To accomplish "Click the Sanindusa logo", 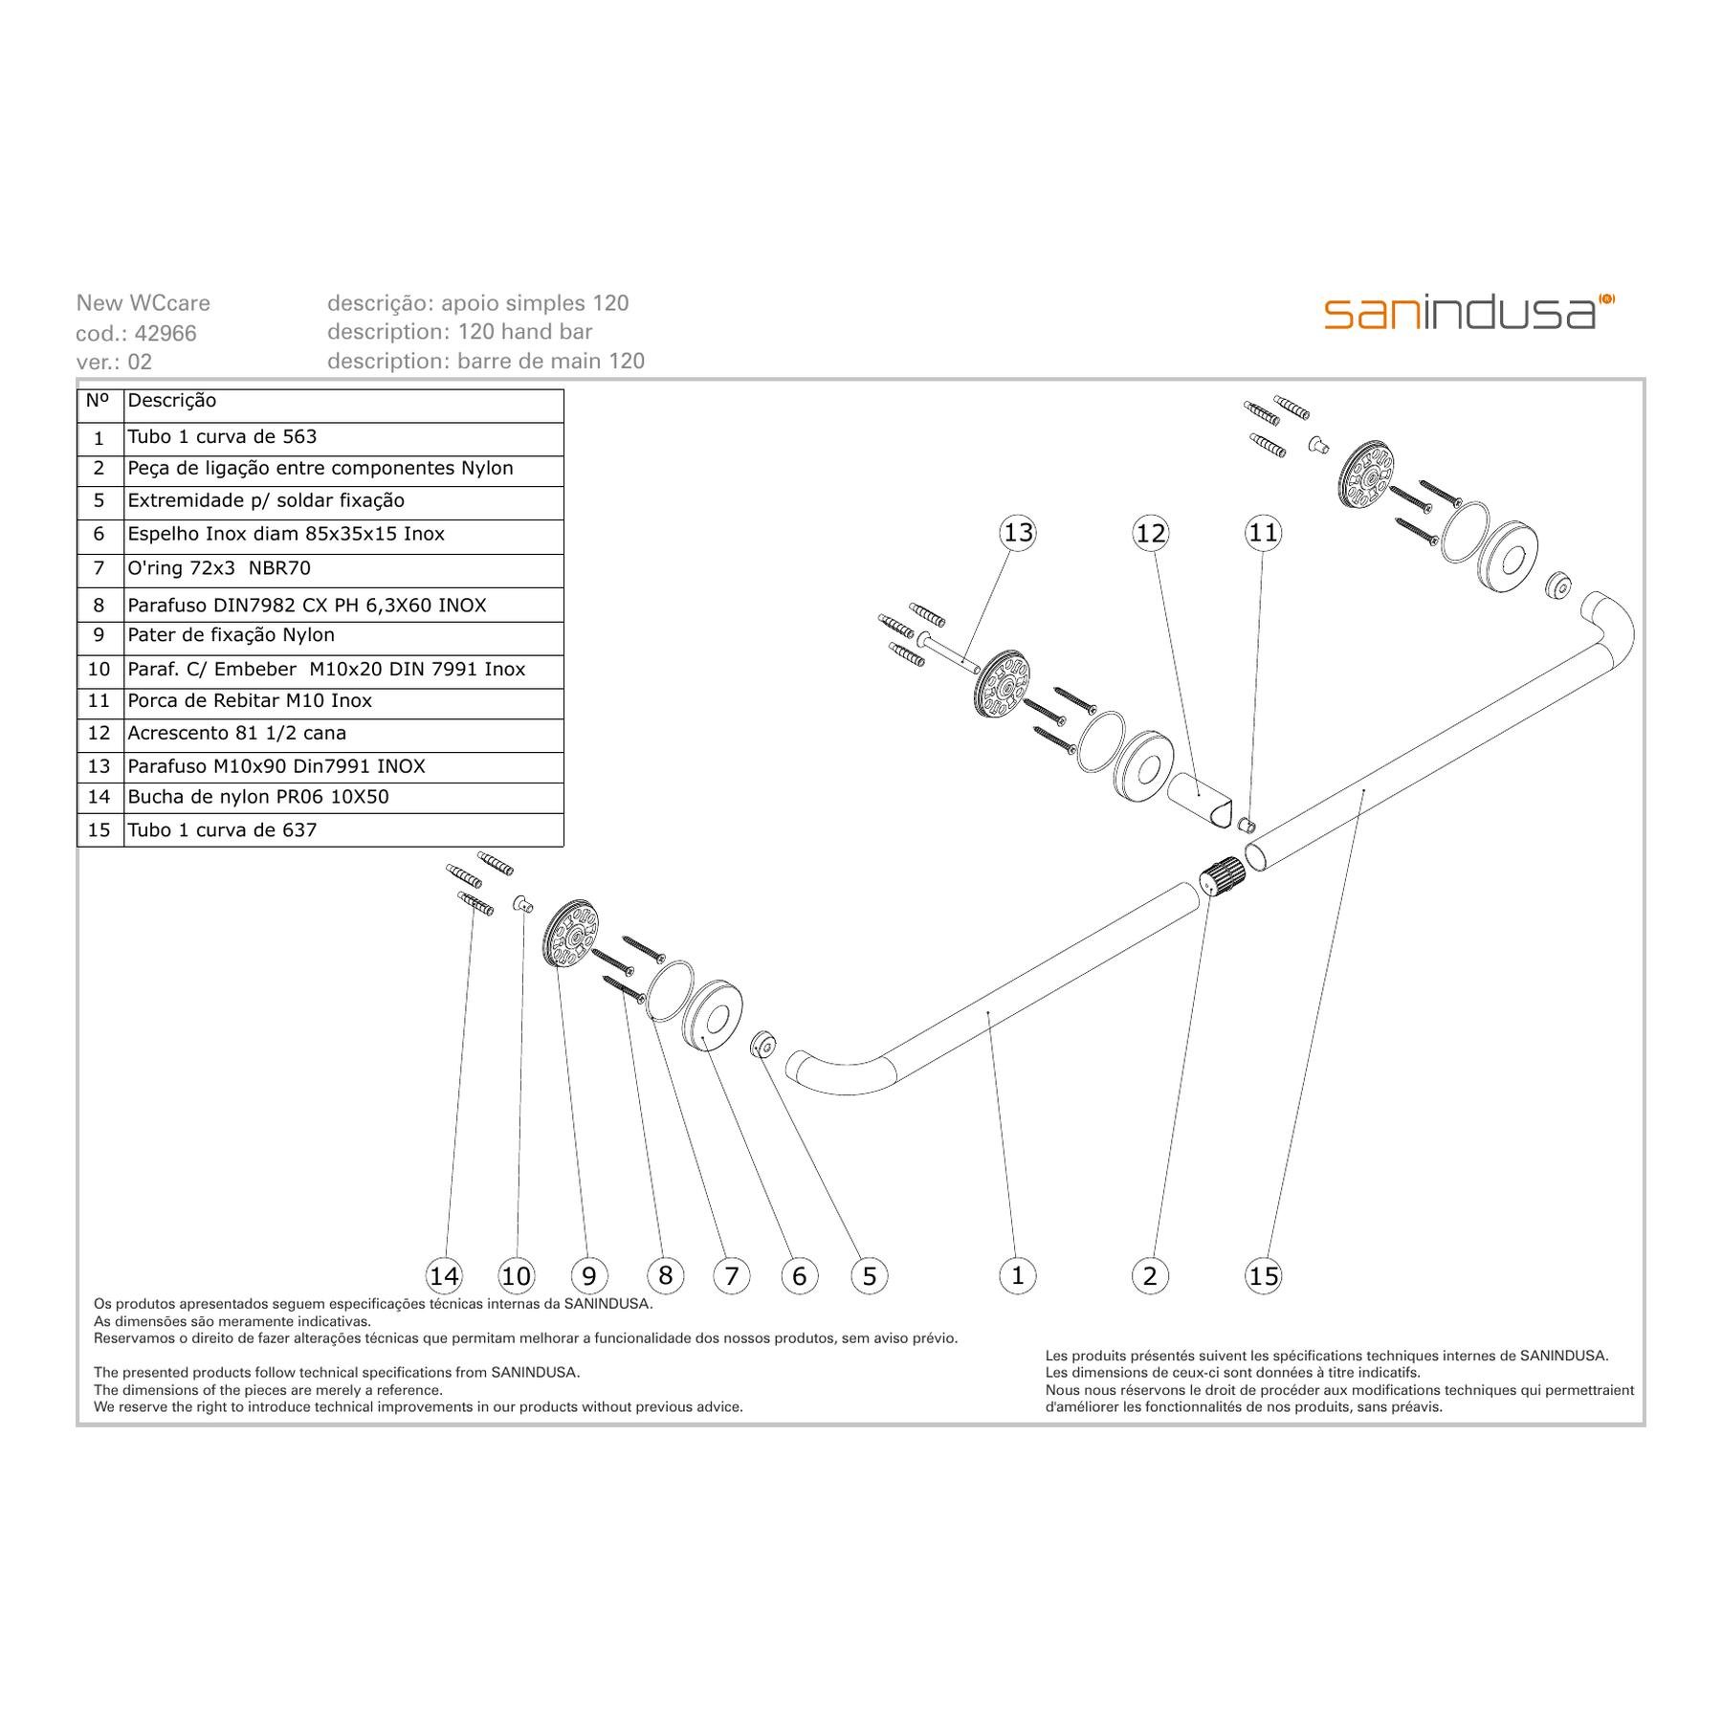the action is [1469, 312].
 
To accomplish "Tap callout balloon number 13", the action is [1018, 532].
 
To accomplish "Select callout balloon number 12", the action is [1150, 533].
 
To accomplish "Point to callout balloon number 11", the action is [1263, 532].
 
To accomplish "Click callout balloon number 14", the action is [444, 1275].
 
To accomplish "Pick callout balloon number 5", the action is [869, 1275].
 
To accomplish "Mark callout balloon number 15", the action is [1263, 1275].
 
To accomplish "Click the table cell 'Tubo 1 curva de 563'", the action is [343, 438].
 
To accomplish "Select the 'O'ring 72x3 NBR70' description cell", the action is [343, 570].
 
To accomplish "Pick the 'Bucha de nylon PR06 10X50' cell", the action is [343, 798].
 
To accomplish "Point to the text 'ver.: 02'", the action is [114, 362].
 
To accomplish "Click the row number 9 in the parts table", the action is [99, 637].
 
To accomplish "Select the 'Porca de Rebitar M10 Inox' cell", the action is [343, 703].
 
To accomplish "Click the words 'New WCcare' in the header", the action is [143, 303].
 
